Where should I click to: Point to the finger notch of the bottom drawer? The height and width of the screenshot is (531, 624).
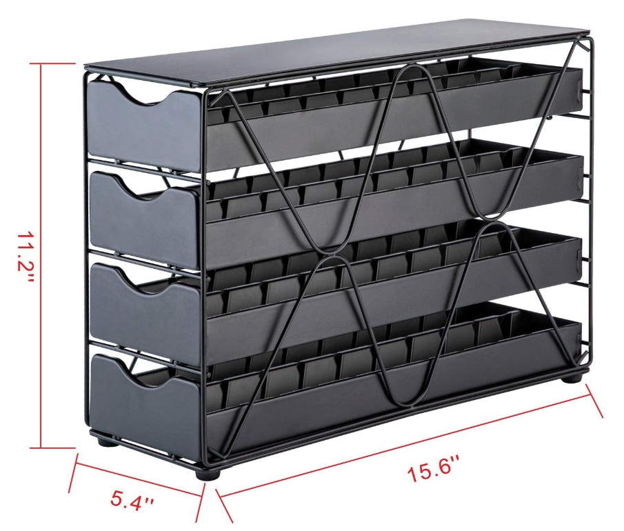coord(148,369)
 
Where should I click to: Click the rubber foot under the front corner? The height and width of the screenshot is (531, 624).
coord(207,474)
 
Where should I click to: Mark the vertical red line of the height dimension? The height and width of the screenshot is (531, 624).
coord(41,255)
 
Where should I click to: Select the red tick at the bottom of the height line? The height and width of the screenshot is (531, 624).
coord(59,448)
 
